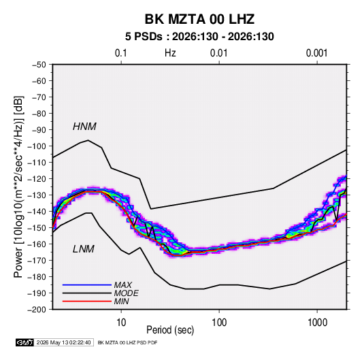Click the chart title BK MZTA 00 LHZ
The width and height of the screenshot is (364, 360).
click(199, 19)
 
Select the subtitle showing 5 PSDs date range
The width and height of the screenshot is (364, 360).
click(199, 37)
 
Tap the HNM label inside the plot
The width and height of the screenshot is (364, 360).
click(84, 127)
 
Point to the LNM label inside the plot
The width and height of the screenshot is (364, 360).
click(84, 249)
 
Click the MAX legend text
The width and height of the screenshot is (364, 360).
click(122, 285)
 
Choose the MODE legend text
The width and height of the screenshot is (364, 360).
click(127, 293)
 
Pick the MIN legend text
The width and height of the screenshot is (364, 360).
click(121, 301)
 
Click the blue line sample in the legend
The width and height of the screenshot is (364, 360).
click(87, 285)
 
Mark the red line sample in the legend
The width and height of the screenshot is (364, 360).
click(87, 301)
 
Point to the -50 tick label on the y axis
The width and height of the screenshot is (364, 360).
click(39, 65)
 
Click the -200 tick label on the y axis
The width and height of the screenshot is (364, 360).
click(37, 310)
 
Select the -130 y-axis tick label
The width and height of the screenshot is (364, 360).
click(37, 195)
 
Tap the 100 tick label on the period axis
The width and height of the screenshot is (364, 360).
click(219, 323)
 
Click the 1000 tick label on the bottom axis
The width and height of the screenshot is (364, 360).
click(317, 323)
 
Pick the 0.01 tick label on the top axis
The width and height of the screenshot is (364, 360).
click(218, 53)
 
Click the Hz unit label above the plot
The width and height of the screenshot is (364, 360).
click(170, 53)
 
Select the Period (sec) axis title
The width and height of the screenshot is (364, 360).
click(170, 330)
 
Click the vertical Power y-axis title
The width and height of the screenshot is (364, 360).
click(18, 187)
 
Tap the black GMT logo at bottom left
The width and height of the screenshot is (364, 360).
click(24, 342)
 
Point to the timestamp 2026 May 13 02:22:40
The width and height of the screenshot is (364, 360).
click(63, 342)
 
